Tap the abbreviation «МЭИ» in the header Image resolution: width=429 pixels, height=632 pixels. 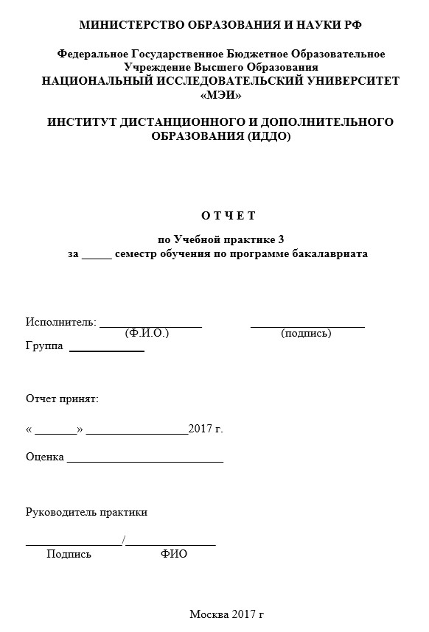220,95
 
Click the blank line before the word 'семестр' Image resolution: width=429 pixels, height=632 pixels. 97,255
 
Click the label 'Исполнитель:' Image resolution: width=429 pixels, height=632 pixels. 60,322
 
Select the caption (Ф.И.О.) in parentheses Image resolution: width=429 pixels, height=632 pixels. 147,333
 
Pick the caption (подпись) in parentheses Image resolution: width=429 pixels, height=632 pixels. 306,333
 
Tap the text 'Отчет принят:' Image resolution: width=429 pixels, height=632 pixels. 62,398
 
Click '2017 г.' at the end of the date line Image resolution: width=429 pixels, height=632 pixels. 206,429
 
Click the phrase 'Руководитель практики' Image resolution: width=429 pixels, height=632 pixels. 86,512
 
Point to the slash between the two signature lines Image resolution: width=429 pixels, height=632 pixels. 125,542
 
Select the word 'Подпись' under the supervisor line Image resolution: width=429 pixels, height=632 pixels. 69,555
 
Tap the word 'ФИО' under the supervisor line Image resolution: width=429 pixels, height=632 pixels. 174,555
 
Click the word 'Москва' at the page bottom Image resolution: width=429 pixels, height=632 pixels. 209,614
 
